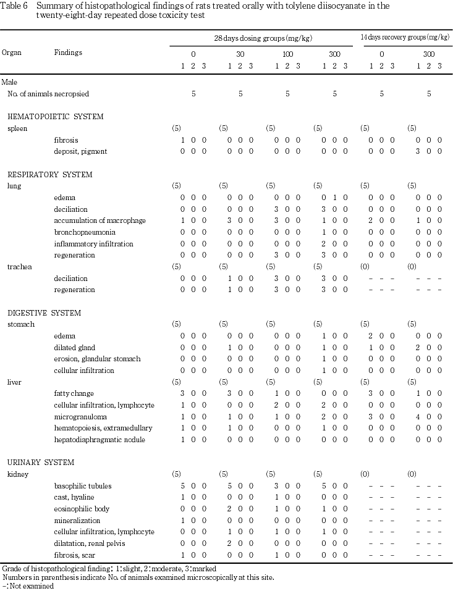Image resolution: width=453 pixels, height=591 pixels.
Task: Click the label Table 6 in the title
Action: pyautogui.click(x=14, y=6)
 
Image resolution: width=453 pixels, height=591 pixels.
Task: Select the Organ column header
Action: pyautogui.click(x=12, y=53)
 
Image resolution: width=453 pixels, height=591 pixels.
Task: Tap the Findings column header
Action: pyautogui.click(x=68, y=53)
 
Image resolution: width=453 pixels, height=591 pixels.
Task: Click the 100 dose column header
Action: pyautogui.click(x=287, y=54)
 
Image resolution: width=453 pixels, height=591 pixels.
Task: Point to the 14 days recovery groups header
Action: pyautogui.click(x=405, y=38)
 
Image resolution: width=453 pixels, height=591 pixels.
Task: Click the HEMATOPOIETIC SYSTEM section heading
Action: pyautogui.click(x=55, y=117)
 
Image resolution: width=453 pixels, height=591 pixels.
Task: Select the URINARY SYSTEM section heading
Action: pyautogui.click(x=41, y=463)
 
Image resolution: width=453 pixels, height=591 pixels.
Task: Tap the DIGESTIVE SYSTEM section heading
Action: pyautogui.click(x=44, y=313)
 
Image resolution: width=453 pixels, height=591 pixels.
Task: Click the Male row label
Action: pyautogui.click(x=10, y=82)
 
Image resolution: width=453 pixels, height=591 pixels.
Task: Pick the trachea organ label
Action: pyautogui.click(x=18, y=267)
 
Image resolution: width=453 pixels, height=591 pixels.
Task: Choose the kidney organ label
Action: pyautogui.click(x=17, y=474)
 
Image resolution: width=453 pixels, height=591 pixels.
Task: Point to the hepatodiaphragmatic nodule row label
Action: pyautogui.click(x=99, y=440)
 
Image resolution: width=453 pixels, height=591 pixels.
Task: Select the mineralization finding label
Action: pyautogui.click(x=76, y=521)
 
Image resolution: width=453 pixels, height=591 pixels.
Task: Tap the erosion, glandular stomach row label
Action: pyautogui.click(x=97, y=359)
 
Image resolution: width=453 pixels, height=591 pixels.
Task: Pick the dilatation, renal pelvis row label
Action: pyautogui.click(x=89, y=543)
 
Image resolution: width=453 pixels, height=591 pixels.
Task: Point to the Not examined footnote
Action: pyautogui.click(x=30, y=586)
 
